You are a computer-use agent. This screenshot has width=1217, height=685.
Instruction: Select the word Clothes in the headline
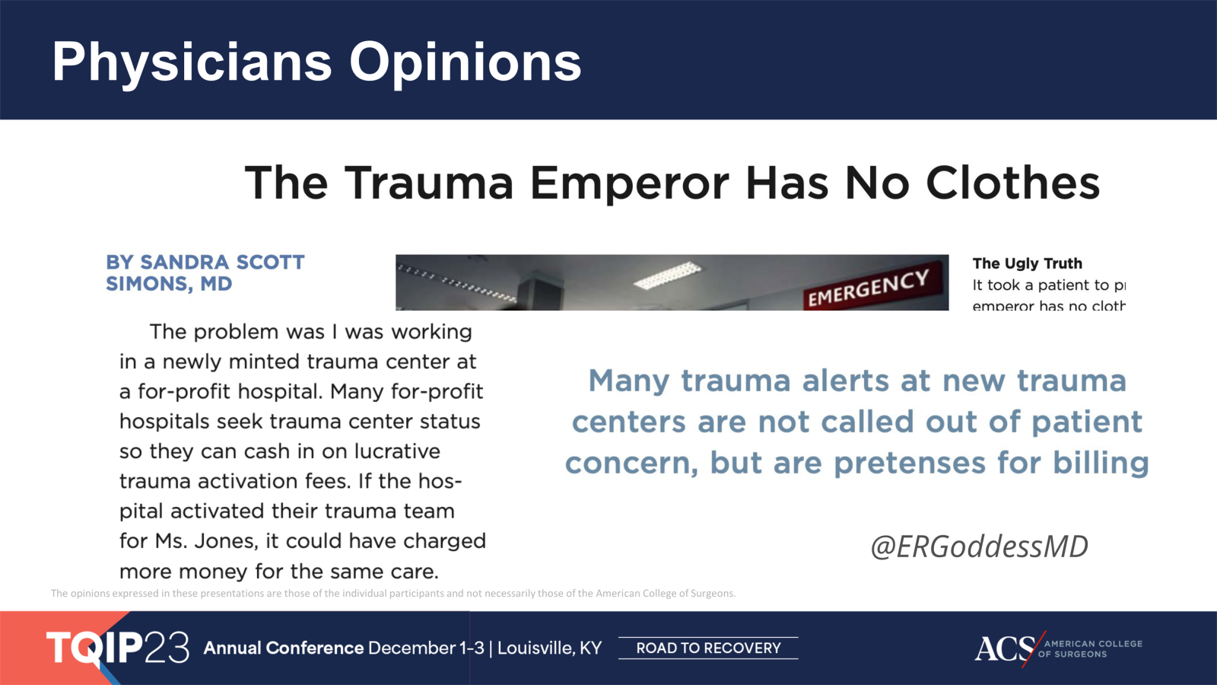[1012, 183]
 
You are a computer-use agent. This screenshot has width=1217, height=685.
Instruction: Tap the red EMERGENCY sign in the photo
[868, 288]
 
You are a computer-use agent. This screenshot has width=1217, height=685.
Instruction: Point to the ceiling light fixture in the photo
[667, 275]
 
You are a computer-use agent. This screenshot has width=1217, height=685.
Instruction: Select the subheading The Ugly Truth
[1027, 263]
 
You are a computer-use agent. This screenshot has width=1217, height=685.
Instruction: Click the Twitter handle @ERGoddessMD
[979, 546]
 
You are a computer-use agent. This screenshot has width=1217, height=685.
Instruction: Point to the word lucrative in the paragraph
[397, 451]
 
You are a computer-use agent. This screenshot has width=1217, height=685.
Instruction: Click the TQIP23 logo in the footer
[118, 648]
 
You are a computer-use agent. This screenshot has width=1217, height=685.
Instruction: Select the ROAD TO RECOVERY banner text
[708, 648]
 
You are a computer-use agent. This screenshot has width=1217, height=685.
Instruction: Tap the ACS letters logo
[1004, 648]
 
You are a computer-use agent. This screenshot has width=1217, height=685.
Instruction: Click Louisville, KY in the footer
[549, 648]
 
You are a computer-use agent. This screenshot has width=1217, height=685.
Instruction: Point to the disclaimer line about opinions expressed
[392, 593]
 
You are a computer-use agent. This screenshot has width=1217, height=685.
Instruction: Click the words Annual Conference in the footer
[283, 648]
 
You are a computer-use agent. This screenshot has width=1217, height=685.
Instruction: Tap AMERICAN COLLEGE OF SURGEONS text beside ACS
[1092, 648]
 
